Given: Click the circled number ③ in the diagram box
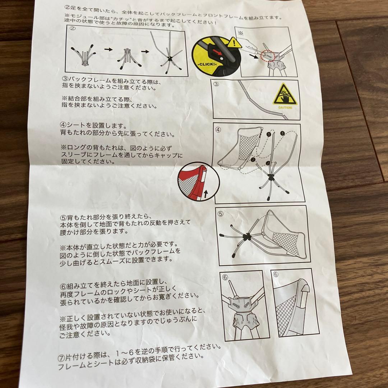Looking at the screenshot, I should click(216, 85).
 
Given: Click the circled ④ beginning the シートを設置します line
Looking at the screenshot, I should click(63, 125).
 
